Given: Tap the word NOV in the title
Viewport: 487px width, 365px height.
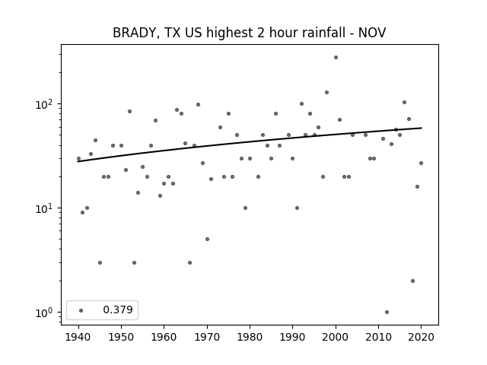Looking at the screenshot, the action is [x=372, y=33].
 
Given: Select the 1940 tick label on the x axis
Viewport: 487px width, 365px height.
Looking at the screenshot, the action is [x=78, y=337].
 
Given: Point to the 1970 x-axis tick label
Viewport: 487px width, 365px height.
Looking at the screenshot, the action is [x=207, y=337].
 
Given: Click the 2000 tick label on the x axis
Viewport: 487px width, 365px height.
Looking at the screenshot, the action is [x=336, y=337].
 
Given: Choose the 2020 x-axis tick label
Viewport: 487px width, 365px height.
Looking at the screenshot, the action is [x=421, y=337].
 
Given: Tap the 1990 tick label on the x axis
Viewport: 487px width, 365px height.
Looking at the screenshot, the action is [x=292, y=337].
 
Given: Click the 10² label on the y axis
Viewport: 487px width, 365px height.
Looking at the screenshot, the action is [x=46, y=104].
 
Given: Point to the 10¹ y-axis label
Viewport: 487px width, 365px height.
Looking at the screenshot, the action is [x=46, y=208].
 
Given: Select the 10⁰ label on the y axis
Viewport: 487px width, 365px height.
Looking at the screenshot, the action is [x=46, y=313].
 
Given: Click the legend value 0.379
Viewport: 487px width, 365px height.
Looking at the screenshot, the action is [x=118, y=309].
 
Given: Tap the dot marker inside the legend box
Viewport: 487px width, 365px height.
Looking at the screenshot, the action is [x=81, y=310].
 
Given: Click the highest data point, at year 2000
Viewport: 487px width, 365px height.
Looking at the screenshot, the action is [x=336, y=58].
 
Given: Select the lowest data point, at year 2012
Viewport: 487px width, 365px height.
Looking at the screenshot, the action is [x=387, y=313].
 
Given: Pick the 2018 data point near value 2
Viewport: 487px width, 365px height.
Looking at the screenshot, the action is [x=412, y=281].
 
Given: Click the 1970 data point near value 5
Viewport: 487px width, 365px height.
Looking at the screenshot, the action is [x=207, y=239].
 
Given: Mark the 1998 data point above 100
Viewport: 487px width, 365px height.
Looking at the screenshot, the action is [x=326, y=92].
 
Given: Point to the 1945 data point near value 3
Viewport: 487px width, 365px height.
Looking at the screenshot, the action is [x=100, y=262].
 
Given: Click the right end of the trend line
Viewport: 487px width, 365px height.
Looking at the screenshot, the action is [x=422, y=128].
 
